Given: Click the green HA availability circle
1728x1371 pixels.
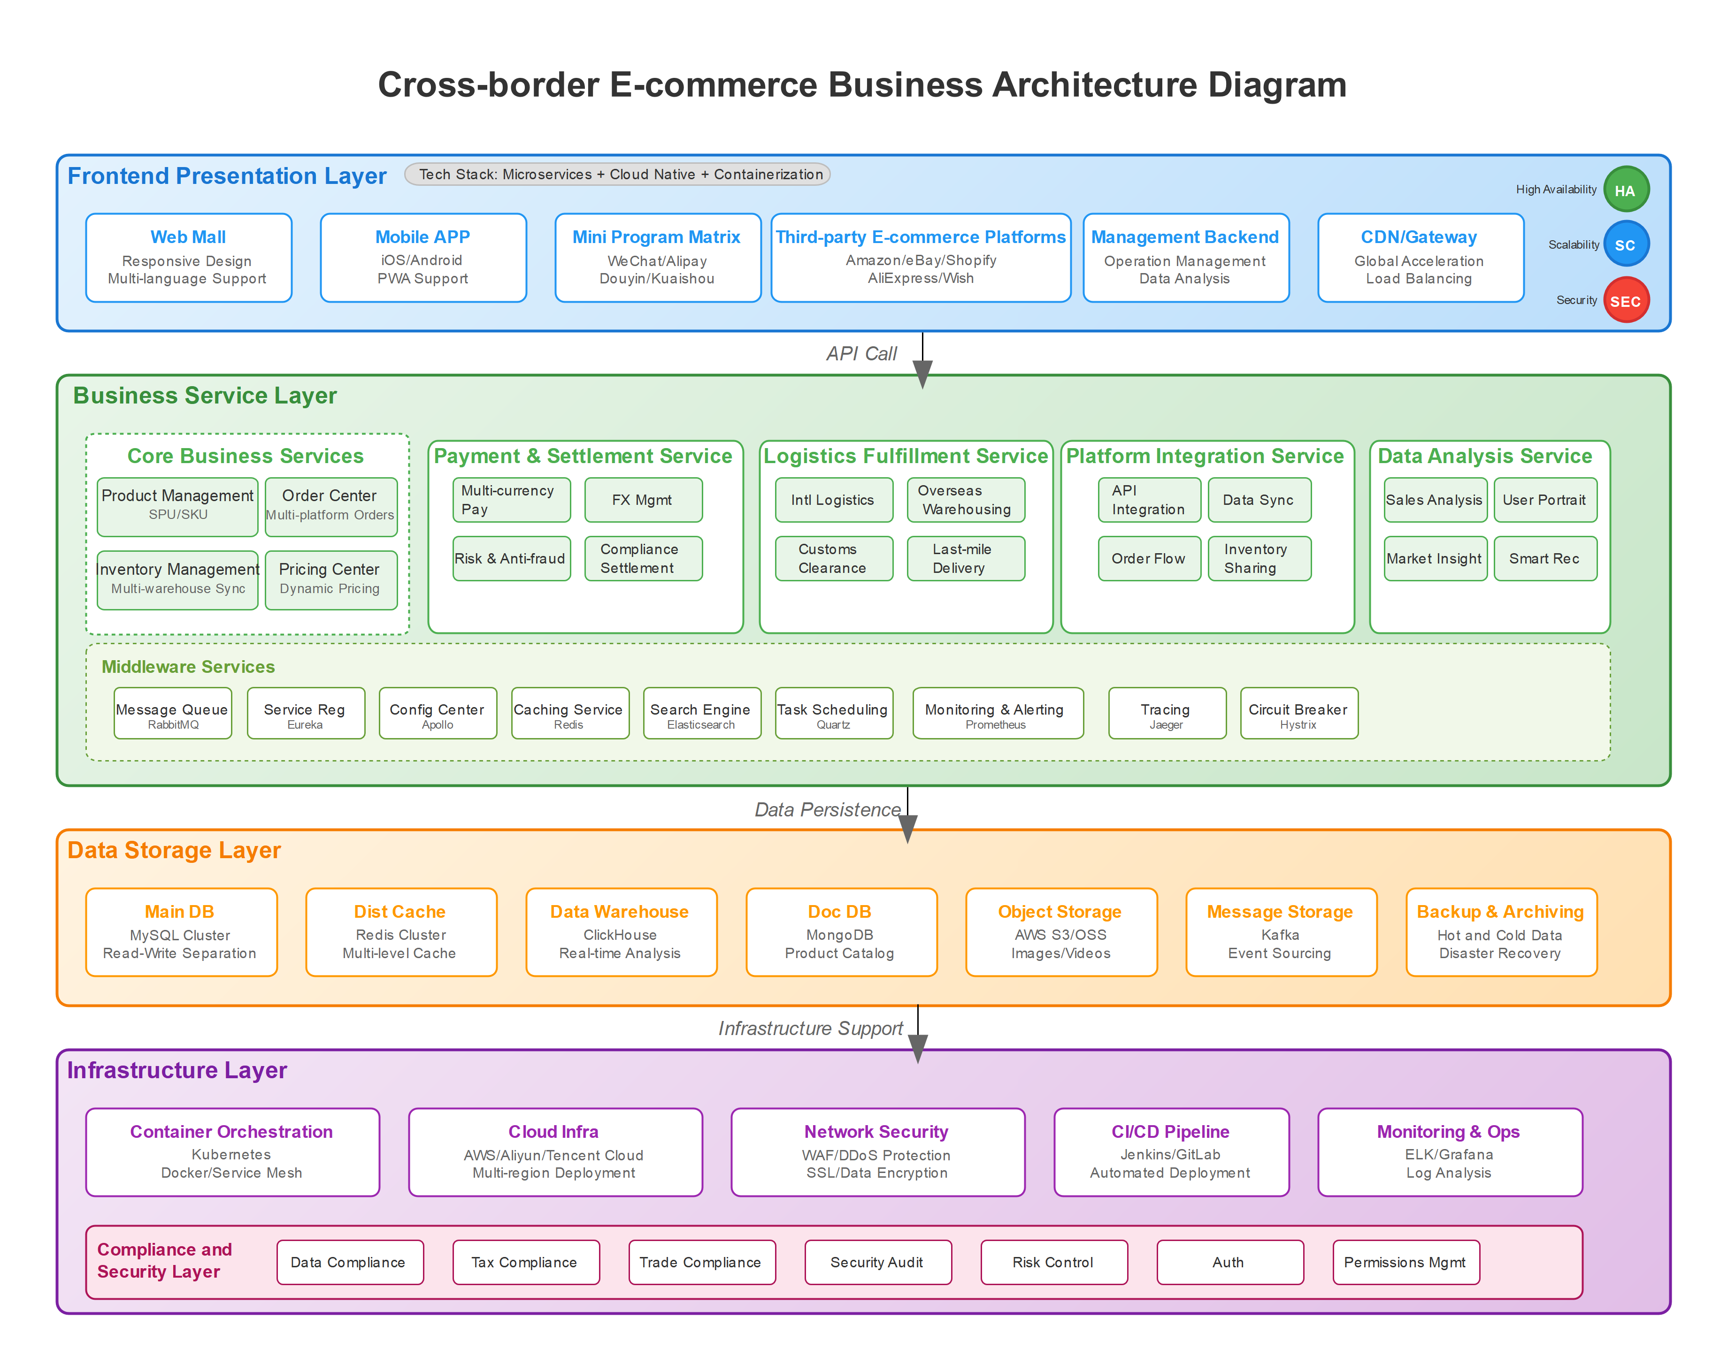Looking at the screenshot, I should tap(1625, 190).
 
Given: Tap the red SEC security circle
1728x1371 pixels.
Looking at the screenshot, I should tap(1625, 300).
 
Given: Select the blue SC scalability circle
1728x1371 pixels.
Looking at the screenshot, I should tap(1625, 244).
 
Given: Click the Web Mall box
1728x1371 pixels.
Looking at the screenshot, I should tap(188, 257).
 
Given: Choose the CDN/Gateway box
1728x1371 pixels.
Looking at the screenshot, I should tap(1420, 257).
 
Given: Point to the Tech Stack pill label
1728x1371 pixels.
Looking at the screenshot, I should tap(617, 174).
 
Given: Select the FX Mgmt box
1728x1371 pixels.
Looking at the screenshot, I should tap(643, 499).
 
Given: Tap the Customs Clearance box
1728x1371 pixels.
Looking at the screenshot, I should tap(834, 558).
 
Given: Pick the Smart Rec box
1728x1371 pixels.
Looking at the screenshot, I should tap(1544, 558).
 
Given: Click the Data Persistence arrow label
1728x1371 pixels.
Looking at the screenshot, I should tap(827, 809).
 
